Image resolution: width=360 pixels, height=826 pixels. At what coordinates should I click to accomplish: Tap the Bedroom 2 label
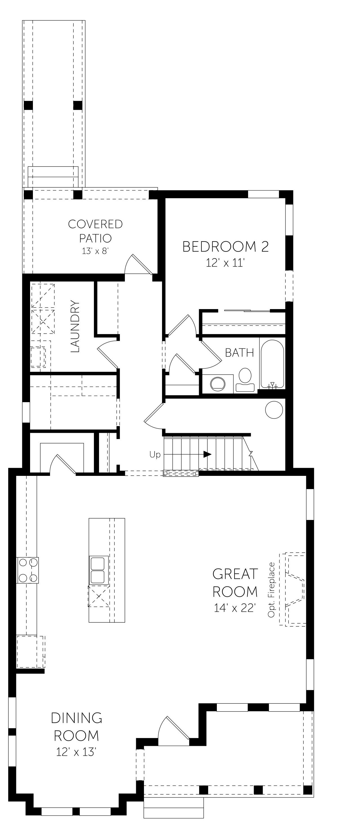[225, 247]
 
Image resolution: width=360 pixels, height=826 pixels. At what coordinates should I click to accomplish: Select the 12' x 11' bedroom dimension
[225, 263]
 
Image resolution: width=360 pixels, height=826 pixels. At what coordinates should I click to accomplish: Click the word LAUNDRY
[75, 326]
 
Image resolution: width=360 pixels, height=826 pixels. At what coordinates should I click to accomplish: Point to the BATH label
[239, 353]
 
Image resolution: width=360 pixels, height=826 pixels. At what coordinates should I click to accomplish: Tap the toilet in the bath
[245, 380]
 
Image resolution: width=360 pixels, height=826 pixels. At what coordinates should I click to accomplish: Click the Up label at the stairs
[155, 455]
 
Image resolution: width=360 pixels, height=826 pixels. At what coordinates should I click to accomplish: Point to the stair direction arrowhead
[207, 454]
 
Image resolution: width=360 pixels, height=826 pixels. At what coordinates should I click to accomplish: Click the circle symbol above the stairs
[274, 409]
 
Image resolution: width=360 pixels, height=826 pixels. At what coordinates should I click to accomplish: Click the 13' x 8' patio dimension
[96, 251]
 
